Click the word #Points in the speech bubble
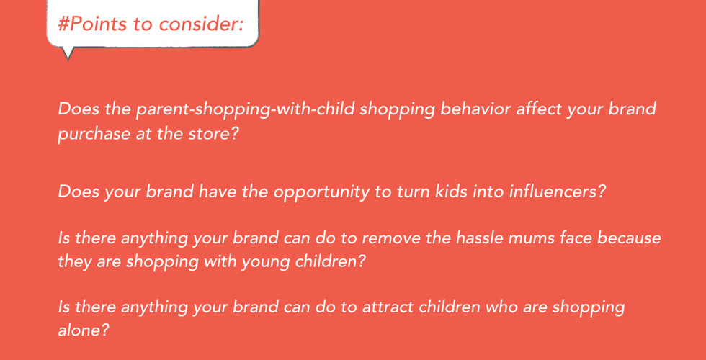92,24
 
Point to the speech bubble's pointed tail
68,54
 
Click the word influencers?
556,192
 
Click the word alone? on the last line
84,330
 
